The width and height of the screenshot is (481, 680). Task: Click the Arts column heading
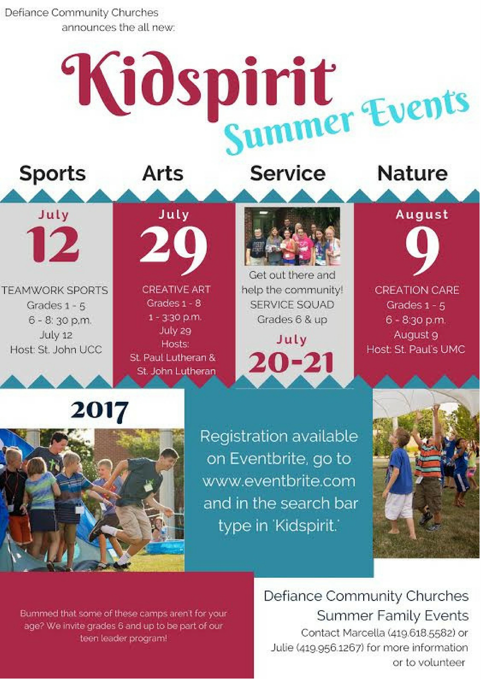coord(163,173)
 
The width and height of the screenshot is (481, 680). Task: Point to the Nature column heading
coord(412,173)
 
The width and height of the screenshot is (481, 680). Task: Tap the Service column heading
coord(288,173)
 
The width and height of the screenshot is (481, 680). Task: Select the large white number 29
coord(174,250)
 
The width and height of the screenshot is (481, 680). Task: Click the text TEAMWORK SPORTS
coord(55,290)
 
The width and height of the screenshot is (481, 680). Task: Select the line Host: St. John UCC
coord(56,350)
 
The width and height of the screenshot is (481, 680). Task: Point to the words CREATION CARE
coord(417,290)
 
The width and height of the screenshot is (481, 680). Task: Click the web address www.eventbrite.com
coord(279,481)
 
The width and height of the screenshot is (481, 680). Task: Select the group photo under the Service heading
coord(292,236)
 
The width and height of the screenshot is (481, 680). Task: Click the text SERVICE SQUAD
coord(292,305)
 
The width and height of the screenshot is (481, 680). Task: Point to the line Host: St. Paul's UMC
coord(416,349)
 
